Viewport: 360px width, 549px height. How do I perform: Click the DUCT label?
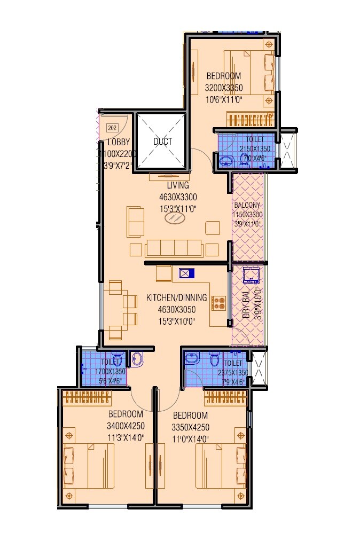coord(162,142)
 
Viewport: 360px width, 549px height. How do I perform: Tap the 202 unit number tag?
coord(112,128)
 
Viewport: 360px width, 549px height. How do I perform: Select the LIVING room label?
coord(178,185)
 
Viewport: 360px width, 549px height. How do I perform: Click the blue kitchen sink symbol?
coord(186,273)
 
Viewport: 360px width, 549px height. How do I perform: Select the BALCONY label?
coord(247,205)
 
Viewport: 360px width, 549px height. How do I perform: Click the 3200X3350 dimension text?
coord(224,88)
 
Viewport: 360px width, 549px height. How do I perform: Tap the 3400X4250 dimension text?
coord(126,426)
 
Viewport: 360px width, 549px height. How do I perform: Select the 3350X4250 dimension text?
coord(191,427)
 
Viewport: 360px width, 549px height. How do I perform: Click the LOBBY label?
coord(119,143)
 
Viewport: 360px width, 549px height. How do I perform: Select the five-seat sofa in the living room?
coord(173,248)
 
